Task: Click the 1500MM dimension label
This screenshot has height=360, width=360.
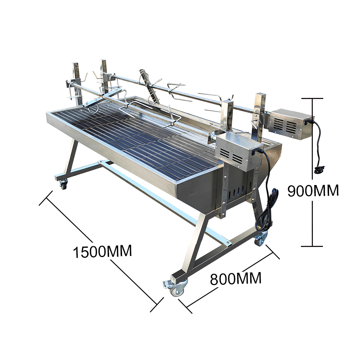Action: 102,251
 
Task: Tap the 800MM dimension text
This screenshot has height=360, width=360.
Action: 236,279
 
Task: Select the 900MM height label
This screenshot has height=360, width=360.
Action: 313,190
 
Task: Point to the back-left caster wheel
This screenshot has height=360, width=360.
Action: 63,184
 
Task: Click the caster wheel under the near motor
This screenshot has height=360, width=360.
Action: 261,239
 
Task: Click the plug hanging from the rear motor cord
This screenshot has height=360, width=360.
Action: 319,170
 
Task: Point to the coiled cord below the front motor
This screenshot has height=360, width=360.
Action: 266,211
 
